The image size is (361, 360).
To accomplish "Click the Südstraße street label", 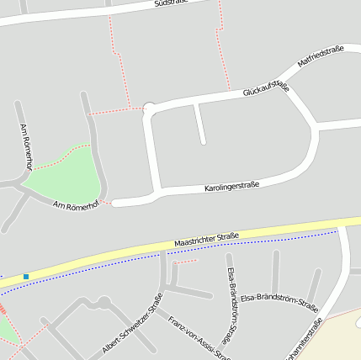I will point(171,3).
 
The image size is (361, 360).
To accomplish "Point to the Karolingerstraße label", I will point(231,186).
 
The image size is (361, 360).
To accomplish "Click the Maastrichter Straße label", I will point(207,240).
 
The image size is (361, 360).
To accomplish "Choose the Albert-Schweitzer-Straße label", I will point(133,323).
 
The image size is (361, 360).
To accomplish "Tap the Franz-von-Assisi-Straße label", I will point(199,338).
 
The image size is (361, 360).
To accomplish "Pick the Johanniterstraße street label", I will point(304,341).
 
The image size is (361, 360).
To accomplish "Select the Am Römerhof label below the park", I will point(76,204).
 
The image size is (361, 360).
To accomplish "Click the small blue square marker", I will point(26,276).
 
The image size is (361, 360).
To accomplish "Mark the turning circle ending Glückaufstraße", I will point(150,108).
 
